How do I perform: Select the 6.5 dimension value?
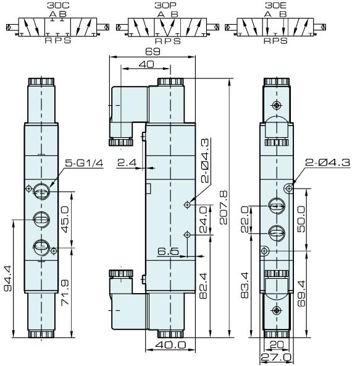coord(167,252)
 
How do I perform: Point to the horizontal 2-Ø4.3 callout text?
coord(325,163)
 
